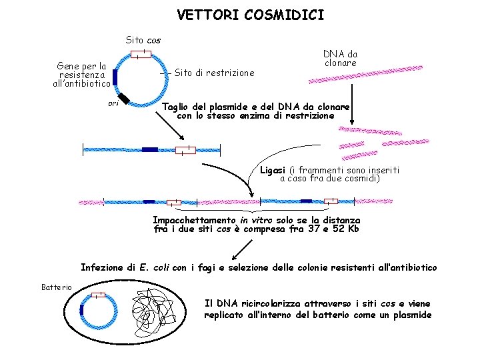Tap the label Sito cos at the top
[x=143, y=40]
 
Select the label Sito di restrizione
[x=214, y=73]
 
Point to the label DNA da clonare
[x=340, y=58]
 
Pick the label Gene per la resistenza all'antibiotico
[x=82, y=75]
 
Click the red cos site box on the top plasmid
[x=141, y=53]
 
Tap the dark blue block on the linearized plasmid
[x=150, y=149]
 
